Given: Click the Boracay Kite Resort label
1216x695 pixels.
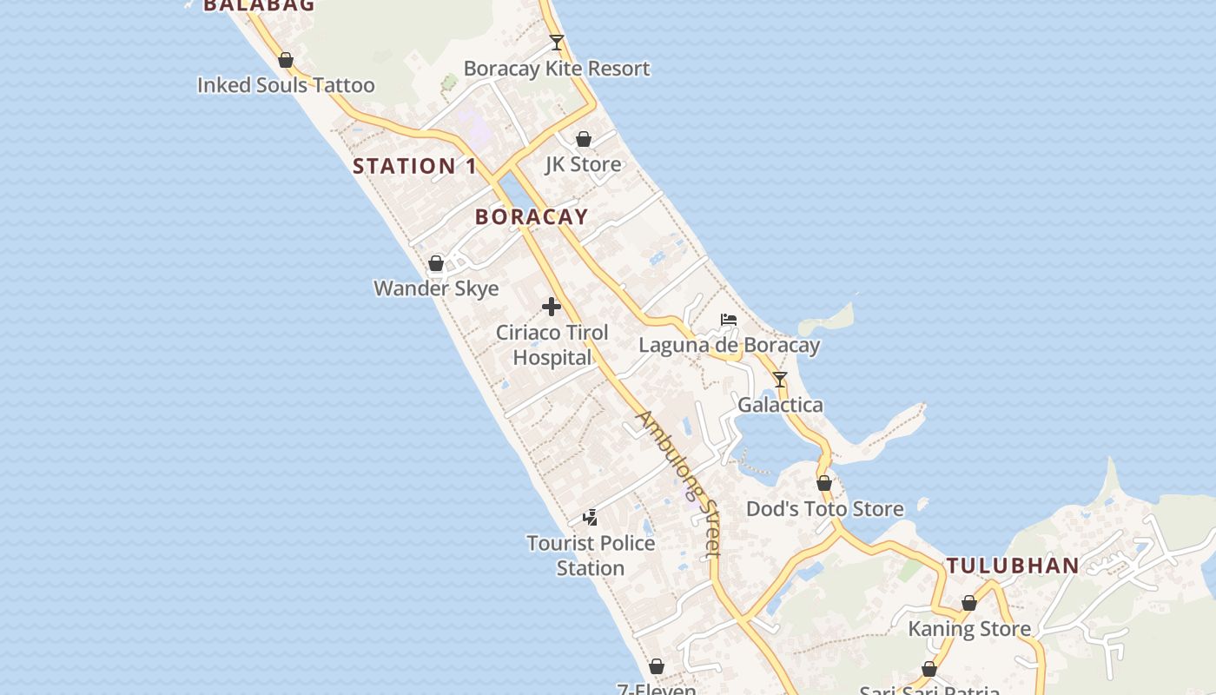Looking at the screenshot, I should coord(556,69).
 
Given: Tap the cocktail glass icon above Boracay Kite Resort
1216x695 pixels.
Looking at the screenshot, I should coord(557,42).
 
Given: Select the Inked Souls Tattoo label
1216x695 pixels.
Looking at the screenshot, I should coord(286,85).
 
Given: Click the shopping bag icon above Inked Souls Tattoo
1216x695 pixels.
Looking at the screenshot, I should coord(286,60).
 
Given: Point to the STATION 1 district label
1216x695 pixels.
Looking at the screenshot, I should coord(414,166).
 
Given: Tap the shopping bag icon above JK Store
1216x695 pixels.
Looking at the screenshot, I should coord(584,139).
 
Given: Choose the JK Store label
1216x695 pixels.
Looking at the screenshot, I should coord(583,164).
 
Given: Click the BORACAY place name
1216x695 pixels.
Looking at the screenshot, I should coord(532,217).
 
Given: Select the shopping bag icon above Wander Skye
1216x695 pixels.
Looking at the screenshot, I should coord(436,263).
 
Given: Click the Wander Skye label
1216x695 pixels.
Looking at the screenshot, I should coord(436,288).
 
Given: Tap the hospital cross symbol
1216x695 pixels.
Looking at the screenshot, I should coord(551,307).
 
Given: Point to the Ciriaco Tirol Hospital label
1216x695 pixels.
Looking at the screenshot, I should coord(552,345).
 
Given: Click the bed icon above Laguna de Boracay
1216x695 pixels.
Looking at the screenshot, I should coord(729,320).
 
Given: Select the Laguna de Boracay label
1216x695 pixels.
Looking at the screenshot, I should coord(729,346).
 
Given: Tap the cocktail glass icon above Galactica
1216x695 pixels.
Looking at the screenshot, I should coord(780,380).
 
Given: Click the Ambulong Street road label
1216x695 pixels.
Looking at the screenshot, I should coord(679,483).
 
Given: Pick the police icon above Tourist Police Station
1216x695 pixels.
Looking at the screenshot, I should coord(590,518).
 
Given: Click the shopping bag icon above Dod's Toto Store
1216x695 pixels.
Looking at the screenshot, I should coord(824,483).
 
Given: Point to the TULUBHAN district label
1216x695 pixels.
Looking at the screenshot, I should coord(1012,566).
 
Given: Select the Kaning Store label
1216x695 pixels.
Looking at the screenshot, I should coord(969,629).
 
